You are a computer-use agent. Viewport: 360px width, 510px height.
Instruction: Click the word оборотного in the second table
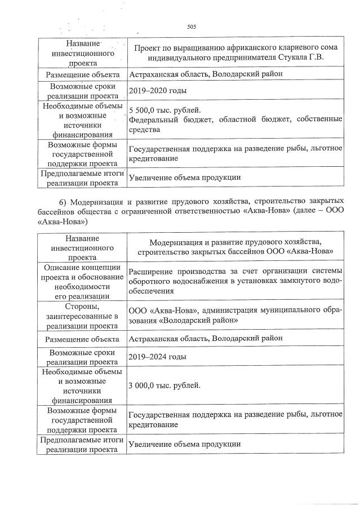tap(150, 281)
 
